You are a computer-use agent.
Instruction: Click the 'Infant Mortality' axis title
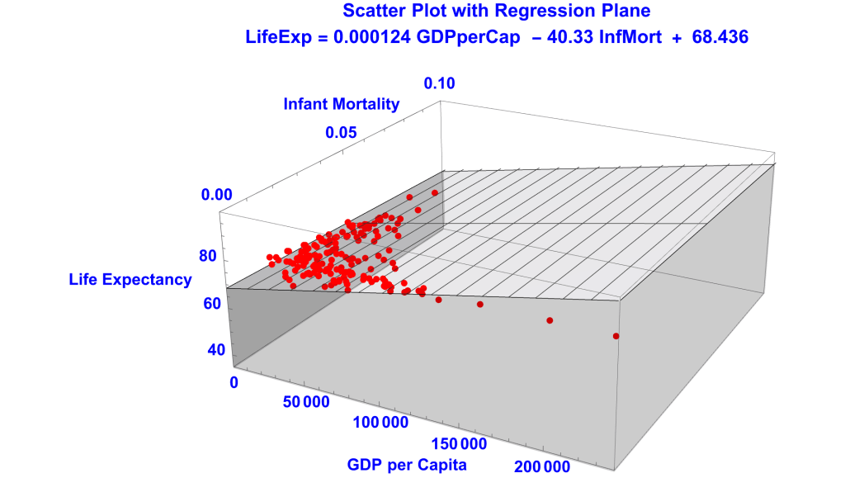point(342,104)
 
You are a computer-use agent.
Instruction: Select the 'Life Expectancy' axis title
point(130,280)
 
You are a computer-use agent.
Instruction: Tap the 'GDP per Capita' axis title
point(407,464)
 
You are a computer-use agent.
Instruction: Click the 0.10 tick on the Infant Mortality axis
point(439,83)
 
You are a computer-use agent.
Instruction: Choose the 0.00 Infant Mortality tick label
point(217,196)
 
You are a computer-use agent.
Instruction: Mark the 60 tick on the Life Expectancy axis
point(212,304)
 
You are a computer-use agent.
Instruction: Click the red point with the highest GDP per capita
point(616,336)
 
